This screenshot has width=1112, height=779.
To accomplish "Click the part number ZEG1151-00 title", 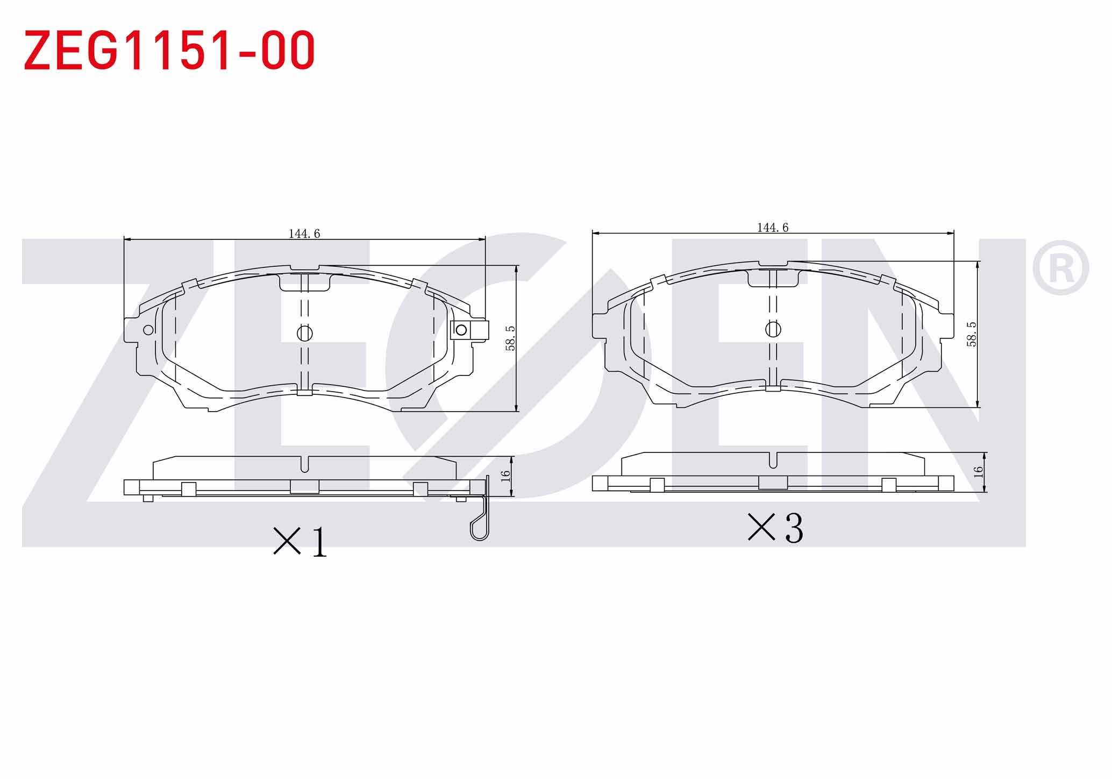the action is click(x=169, y=50).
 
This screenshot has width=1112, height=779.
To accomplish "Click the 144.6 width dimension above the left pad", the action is click(x=304, y=233).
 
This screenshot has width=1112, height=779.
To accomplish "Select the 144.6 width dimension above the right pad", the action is click(x=773, y=228).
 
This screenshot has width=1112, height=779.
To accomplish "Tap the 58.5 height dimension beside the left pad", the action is click(x=510, y=338).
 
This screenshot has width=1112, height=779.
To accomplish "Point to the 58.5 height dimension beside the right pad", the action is click(x=971, y=334).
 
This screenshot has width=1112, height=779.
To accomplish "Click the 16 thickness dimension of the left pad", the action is click(x=505, y=476).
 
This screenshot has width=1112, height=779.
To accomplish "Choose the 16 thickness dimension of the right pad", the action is click(x=978, y=472).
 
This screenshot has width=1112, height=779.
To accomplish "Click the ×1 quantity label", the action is click(x=300, y=541).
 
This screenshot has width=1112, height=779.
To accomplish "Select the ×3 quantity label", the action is click(x=775, y=527).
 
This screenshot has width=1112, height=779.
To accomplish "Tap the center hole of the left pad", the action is click(x=305, y=334).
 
